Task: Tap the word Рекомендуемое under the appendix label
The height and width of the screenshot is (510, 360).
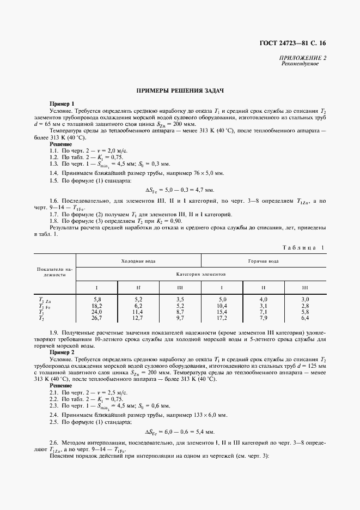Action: coord(300,64)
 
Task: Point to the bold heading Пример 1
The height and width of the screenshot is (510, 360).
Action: coord(62,104)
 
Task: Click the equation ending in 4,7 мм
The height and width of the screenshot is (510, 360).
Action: coord(180,190)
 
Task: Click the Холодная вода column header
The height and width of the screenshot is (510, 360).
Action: coord(138,261)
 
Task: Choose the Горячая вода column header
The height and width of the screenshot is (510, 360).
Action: coord(264,261)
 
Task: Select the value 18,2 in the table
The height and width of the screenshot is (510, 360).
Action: coord(97,307)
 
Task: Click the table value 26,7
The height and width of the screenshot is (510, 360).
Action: coord(97,318)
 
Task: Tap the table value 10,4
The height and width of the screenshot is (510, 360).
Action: coord(222,307)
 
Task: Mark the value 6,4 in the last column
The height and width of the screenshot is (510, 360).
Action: coord(304,318)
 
